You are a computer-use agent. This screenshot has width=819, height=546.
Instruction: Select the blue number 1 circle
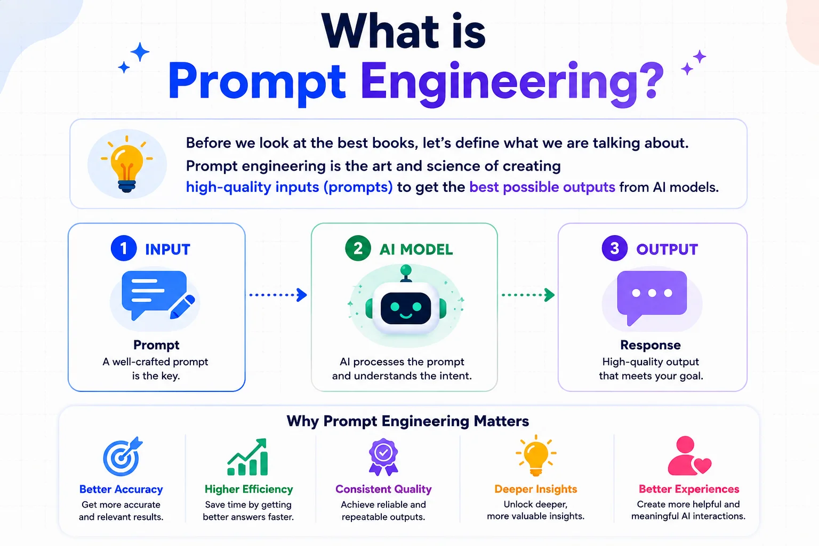point(124,248)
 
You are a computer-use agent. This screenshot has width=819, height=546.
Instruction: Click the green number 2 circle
point(358,248)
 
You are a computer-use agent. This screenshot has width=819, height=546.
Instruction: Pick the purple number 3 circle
point(615,248)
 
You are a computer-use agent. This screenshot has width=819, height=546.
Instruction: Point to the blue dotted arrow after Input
point(278,295)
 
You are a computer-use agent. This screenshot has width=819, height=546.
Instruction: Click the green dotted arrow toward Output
point(528,295)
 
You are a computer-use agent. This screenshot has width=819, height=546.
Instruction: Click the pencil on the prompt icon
point(182,307)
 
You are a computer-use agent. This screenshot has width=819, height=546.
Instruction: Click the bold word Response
point(651,345)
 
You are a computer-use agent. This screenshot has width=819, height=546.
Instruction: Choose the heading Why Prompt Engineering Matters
point(408,421)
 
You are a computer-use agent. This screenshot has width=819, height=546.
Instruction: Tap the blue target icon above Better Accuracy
point(122,457)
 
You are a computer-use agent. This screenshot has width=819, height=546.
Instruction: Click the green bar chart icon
point(247,457)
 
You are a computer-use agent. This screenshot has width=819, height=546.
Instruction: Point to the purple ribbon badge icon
point(383,457)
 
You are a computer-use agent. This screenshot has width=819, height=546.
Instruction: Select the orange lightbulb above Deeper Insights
point(536,456)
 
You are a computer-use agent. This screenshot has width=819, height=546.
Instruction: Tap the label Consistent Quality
point(383,489)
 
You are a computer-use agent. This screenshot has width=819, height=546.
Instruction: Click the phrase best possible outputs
point(542,187)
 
